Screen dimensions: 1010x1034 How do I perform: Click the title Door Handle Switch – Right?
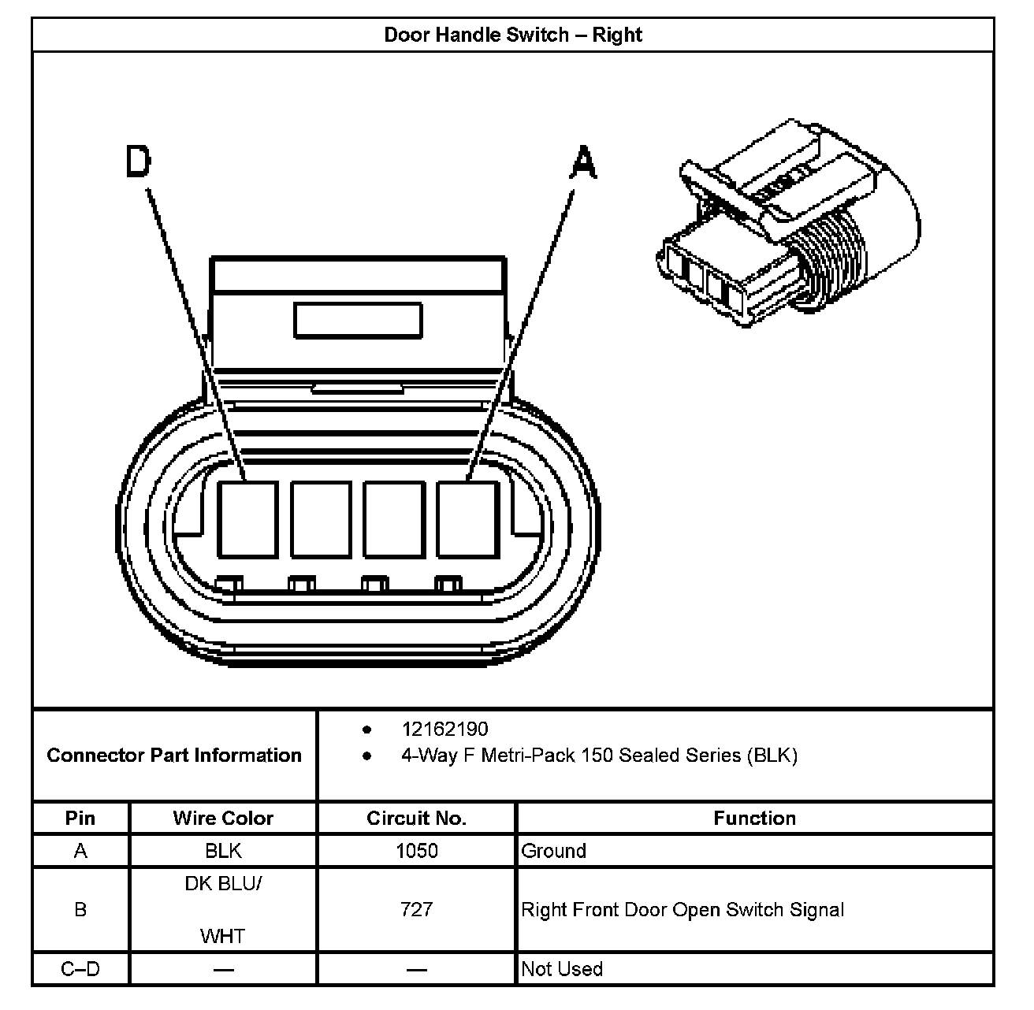(x=512, y=35)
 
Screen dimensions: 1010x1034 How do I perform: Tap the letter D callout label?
(x=138, y=162)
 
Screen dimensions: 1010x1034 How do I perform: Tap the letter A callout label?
(x=583, y=163)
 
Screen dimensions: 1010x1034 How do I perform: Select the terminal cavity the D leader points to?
(x=247, y=519)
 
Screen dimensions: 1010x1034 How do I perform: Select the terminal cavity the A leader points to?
(x=467, y=519)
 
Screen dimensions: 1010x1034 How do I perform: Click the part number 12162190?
(x=444, y=730)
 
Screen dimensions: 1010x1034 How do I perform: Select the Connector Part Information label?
(x=174, y=756)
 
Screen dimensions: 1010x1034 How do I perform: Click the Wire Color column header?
(x=223, y=819)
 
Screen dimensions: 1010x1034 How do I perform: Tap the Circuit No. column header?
(x=416, y=819)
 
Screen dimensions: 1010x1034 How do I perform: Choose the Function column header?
(x=754, y=819)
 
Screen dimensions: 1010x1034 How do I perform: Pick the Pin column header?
(x=80, y=819)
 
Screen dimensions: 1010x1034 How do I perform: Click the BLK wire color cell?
(x=223, y=851)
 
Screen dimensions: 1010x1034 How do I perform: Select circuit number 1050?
(x=416, y=851)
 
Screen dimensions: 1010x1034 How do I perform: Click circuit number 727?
(x=416, y=910)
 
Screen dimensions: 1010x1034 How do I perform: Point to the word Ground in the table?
(x=554, y=851)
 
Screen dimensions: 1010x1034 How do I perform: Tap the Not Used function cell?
(x=562, y=969)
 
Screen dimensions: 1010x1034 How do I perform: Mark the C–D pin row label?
(x=80, y=969)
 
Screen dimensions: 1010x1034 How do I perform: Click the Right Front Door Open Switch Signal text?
(x=683, y=910)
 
